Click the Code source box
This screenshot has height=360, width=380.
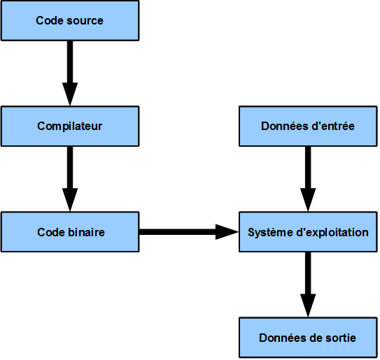point(70,21)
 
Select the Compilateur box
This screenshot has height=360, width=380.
point(70,127)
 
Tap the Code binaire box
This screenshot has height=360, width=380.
point(70,231)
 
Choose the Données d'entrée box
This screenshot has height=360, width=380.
point(308,127)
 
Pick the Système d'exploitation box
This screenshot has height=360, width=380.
point(308,231)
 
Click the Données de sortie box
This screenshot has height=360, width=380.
point(308,338)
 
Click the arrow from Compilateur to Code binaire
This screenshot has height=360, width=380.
point(70,175)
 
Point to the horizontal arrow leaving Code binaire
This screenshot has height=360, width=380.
point(185,231)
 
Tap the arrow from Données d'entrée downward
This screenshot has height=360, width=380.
point(308,175)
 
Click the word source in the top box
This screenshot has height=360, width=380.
point(86,21)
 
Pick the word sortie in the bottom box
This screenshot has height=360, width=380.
point(339,338)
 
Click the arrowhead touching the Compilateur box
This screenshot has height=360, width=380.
point(70,94)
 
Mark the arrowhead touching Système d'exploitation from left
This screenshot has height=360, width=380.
point(225,231)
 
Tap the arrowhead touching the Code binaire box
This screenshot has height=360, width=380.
point(70,199)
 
